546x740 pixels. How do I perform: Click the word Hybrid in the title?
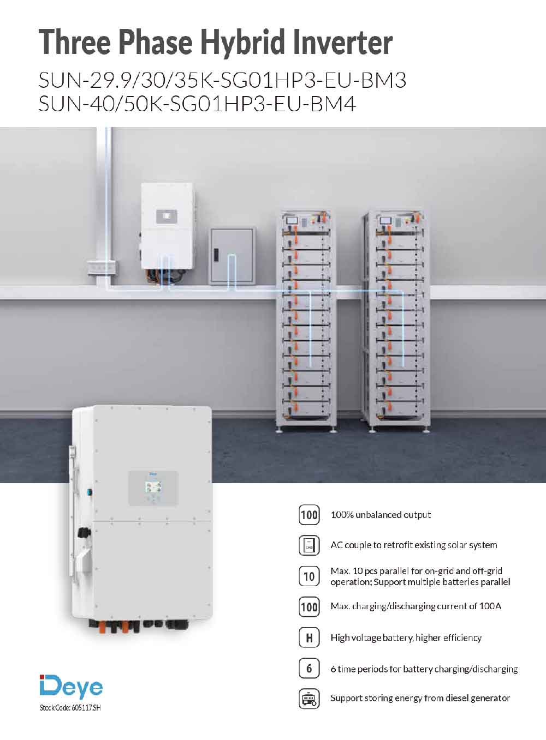point(242,43)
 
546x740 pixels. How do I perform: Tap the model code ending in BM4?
point(197,104)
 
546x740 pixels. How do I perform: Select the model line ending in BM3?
point(222,80)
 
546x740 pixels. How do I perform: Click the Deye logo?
point(71,688)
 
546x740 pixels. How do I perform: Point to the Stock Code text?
point(70,708)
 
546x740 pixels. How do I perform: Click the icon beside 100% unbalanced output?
point(309,515)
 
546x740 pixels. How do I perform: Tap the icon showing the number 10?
point(309,576)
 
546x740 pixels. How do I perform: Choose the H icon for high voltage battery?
point(309,637)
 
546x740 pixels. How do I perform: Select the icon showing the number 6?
point(309,669)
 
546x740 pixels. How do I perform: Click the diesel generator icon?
point(309,699)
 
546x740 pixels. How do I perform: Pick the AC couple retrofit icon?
point(309,545)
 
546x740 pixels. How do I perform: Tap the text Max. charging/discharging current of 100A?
point(416,606)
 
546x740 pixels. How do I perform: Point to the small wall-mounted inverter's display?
point(167,216)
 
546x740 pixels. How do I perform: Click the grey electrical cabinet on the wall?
point(233,256)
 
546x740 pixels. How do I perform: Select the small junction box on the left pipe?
point(102,268)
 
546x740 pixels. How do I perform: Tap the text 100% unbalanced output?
point(381,515)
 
